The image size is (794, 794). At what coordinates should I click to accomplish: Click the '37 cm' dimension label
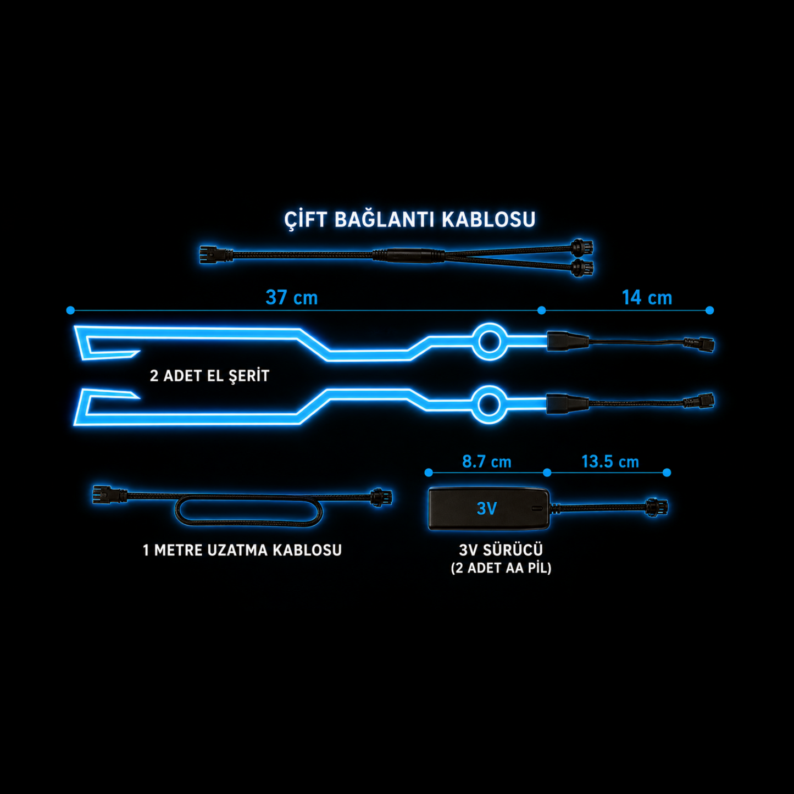[292, 297]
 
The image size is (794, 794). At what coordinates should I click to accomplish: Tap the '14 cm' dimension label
[647, 297]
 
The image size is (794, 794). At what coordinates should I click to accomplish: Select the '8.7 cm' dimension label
[487, 462]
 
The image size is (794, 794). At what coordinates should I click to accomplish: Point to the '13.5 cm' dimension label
[610, 462]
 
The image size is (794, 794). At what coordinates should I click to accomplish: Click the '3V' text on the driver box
[487, 509]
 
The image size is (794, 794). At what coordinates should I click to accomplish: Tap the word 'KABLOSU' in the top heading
[488, 220]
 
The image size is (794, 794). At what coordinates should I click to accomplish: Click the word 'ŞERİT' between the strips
[249, 375]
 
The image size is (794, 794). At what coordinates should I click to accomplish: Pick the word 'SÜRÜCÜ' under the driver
[513, 549]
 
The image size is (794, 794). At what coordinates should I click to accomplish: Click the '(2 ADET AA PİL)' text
[501, 568]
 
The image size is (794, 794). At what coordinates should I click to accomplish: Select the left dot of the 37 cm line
[70, 310]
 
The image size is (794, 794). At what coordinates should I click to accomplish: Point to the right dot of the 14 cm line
[709, 310]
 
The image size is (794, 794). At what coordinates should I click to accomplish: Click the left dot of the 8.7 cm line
[429, 472]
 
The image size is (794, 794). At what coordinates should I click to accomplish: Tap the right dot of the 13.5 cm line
[667, 472]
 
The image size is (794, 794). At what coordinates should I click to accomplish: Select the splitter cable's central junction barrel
[408, 255]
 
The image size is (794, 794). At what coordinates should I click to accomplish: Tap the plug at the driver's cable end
[657, 507]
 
